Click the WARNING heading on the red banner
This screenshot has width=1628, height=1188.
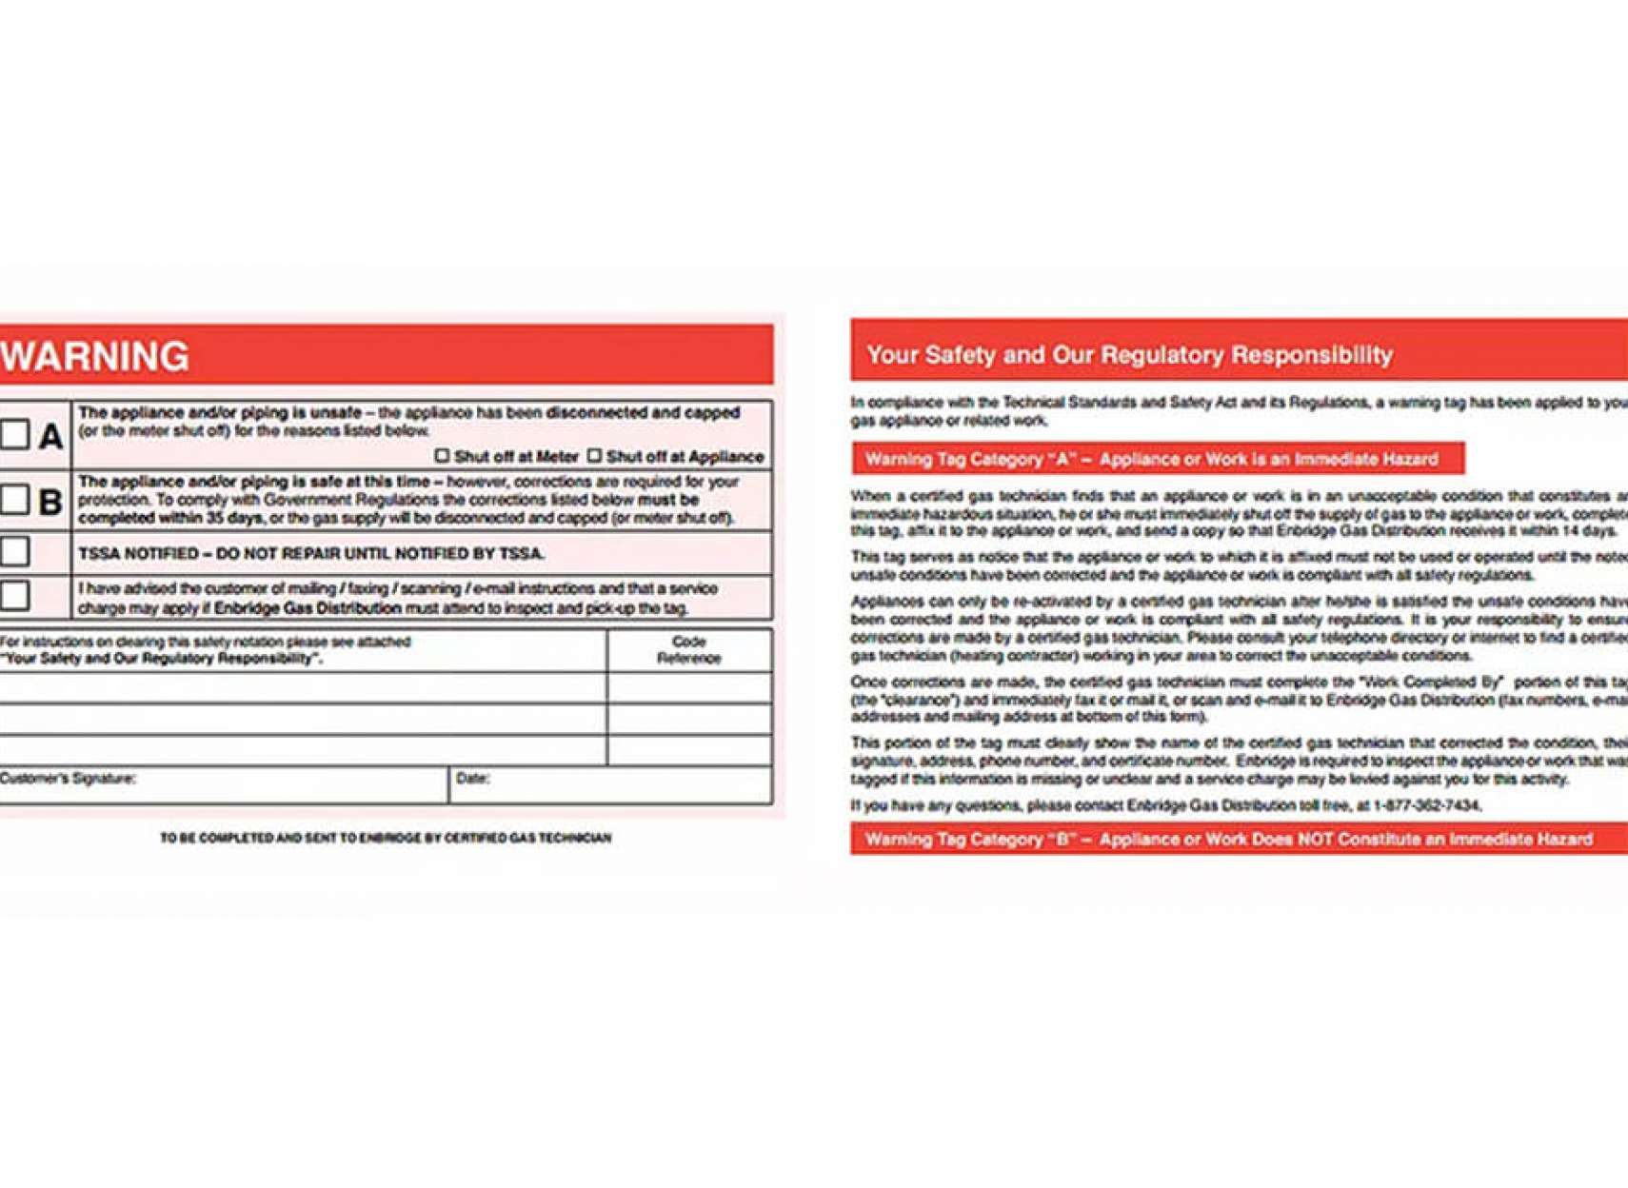click(x=95, y=356)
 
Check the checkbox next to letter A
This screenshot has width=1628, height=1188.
click(x=15, y=434)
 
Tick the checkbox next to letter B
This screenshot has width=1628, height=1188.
click(x=15, y=499)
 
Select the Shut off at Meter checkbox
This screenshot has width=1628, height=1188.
click(x=442, y=456)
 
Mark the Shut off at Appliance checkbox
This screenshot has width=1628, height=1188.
click(x=594, y=456)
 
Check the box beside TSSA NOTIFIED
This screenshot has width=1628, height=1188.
click(x=15, y=551)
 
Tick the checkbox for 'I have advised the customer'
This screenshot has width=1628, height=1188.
click(x=15, y=596)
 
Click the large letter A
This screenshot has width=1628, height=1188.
click(x=50, y=437)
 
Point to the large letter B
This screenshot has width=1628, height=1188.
click(x=50, y=502)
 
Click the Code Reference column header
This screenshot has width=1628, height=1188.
click(x=688, y=649)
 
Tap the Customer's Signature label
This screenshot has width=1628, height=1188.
click(x=68, y=779)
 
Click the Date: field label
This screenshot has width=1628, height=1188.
click(x=472, y=779)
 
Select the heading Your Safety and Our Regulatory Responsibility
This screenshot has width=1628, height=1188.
click(x=1129, y=355)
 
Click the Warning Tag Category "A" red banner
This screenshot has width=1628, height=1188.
click(x=1151, y=459)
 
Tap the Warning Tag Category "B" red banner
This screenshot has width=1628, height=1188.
click(x=1228, y=839)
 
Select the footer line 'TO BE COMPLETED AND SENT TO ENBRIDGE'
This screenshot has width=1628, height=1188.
click(x=386, y=838)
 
